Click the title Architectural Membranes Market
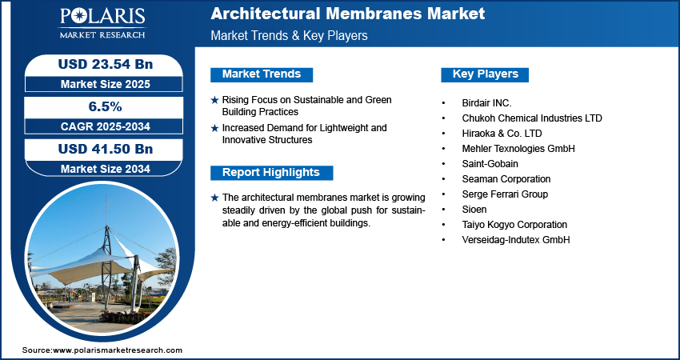347,14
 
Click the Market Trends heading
262,74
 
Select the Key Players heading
486,74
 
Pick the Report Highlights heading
271,172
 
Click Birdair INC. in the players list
486,103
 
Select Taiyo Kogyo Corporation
514,225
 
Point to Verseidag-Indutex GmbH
515,240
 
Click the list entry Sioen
474,210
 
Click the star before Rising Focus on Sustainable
214,100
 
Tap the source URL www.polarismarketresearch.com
118,350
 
